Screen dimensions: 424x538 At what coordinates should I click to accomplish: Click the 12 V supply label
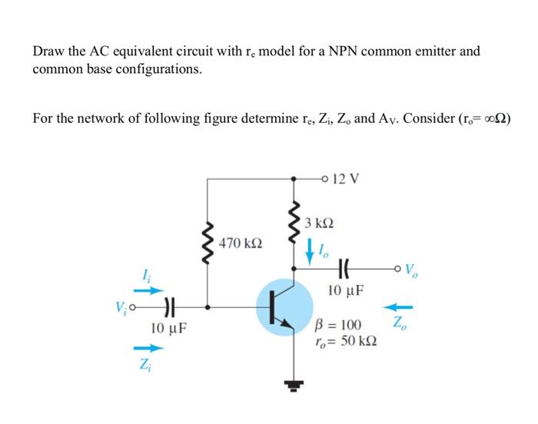coord(342,180)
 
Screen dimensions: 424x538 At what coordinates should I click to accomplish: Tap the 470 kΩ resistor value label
coord(240,243)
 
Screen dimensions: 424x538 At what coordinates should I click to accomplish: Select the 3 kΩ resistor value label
coord(317,224)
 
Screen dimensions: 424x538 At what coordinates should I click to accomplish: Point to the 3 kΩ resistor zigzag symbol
coord(293,222)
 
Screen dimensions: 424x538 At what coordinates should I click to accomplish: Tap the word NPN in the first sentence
coord(335,51)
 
